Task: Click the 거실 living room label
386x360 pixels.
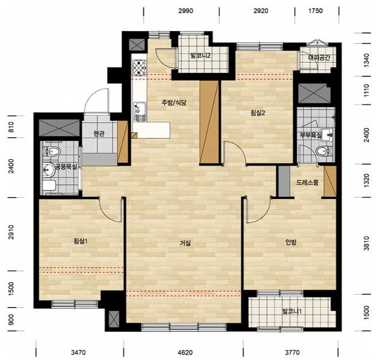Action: coord(185,243)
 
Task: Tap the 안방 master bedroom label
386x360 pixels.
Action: coord(291,243)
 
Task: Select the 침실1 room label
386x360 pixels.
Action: coord(80,241)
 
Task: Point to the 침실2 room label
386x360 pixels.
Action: coord(258,113)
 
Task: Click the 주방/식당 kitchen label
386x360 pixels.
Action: coord(174,102)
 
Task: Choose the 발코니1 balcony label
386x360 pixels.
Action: coord(292,312)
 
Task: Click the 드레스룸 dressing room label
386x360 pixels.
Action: coord(307,182)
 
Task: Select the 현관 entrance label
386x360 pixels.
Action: coord(99,133)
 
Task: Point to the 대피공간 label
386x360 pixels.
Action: coord(319,58)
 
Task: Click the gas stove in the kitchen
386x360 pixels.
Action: coord(139,67)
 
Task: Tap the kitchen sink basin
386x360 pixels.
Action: coord(140,112)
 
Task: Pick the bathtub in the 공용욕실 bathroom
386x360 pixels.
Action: coord(49,186)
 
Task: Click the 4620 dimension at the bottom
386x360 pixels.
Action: coord(185,353)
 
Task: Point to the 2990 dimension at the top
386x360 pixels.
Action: coord(186,11)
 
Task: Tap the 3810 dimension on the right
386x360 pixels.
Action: coord(366,243)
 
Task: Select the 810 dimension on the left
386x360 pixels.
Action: coord(11,127)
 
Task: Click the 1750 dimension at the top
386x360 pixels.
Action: coord(315,11)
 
